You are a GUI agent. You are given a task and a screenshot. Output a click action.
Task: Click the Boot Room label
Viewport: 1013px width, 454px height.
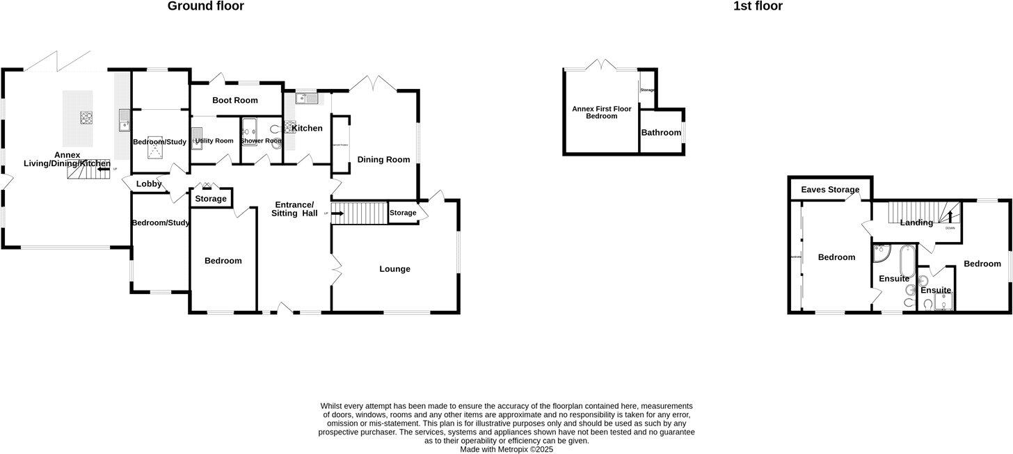[x=235, y=100]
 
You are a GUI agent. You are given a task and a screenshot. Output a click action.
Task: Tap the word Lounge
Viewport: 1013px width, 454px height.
[x=394, y=269]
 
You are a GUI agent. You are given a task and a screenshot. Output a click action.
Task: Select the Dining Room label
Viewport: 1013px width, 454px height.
[x=383, y=159]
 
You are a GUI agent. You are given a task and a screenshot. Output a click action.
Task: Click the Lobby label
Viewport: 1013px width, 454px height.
[x=148, y=184]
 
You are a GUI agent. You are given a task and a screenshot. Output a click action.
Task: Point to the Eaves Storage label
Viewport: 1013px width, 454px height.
[x=830, y=190]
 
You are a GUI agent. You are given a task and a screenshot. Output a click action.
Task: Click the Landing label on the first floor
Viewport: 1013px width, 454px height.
[x=916, y=222]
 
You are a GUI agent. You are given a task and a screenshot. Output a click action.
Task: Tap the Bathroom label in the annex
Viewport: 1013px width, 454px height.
[x=661, y=132]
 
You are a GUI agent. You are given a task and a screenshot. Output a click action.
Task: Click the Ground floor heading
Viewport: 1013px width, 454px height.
[x=206, y=6]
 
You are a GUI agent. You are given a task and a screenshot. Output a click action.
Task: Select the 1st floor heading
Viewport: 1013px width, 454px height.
[x=758, y=6]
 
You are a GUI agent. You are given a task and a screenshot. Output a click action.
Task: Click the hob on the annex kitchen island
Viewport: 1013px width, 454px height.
[x=87, y=117]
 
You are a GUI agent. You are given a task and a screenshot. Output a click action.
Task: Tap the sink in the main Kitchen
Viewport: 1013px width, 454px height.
[x=307, y=99]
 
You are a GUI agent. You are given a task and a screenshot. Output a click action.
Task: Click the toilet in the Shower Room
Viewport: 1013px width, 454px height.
[x=274, y=129]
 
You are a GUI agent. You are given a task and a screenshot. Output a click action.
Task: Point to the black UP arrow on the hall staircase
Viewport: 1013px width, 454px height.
[x=337, y=213]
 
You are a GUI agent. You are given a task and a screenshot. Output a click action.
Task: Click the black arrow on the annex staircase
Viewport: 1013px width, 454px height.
[x=104, y=168]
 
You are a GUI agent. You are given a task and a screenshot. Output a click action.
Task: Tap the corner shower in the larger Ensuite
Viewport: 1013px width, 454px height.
[x=882, y=254]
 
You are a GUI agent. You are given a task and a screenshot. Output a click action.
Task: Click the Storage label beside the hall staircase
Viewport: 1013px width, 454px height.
[x=403, y=213]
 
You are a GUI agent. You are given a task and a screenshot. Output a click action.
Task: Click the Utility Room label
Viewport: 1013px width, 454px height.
[x=214, y=140]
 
